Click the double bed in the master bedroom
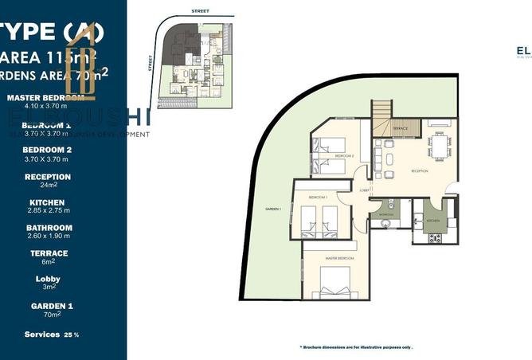(334, 280)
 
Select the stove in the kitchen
(435, 237)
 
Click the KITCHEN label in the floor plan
(433, 219)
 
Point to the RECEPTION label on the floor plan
(421, 170)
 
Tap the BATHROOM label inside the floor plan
(386, 215)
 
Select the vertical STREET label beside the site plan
(151, 62)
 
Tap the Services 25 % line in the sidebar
(51, 335)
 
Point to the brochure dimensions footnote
(356, 348)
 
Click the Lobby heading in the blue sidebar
(48, 280)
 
